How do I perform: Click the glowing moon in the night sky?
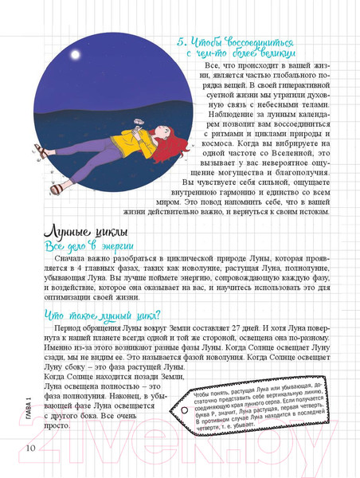tap(77, 56)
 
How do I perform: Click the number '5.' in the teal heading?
tap(180, 40)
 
